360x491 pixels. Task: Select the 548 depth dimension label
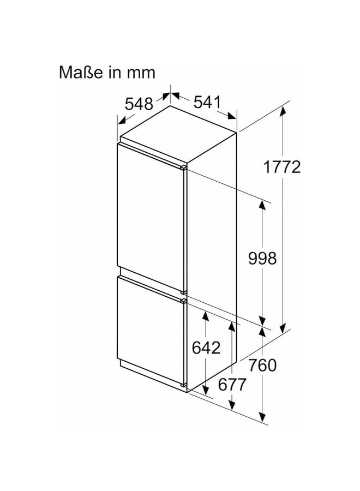[x=139, y=104]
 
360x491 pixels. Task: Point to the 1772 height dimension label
[x=282, y=167]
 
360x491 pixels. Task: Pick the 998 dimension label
[x=262, y=258]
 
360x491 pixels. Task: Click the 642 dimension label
[x=206, y=348]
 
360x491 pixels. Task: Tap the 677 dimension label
[x=232, y=384]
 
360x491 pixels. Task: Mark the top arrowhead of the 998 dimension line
[x=262, y=205]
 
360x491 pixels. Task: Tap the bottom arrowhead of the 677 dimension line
[x=232, y=406]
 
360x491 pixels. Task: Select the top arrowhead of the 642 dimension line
[x=206, y=315]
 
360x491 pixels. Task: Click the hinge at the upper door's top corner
[x=184, y=165]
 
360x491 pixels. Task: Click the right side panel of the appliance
[x=213, y=229]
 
